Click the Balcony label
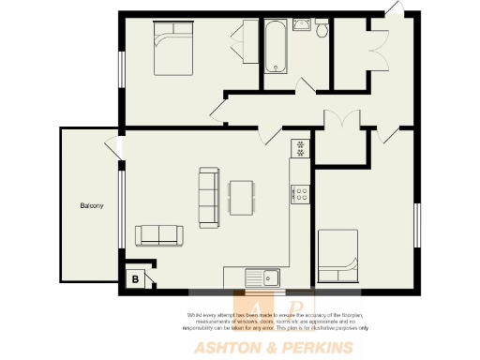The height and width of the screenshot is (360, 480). coord(90,205)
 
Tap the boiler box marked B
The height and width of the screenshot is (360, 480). coord(136,278)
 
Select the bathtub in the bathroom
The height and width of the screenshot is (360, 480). coord(275,46)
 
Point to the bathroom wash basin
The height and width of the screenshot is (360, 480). coord(301,24)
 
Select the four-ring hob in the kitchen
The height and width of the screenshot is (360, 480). coord(301,194)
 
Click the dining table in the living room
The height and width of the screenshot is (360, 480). coord(241,197)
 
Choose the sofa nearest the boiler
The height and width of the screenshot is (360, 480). coord(158,234)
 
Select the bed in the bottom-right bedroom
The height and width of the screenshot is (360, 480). coord(338,256)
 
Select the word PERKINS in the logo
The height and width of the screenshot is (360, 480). coord(318,348)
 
